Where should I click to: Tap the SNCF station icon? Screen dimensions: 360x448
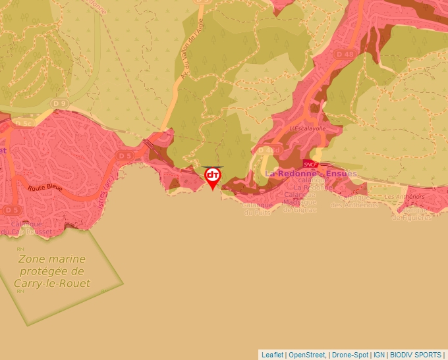click(x=311, y=164)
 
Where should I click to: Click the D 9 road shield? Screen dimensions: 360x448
click(x=60, y=103)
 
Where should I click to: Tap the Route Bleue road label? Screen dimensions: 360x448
click(x=45, y=188)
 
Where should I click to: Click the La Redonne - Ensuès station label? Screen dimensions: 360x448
click(x=310, y=174)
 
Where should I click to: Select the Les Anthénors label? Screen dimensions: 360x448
click(x=405, y=196)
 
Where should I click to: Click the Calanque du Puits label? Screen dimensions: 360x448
click(x=258, y=209)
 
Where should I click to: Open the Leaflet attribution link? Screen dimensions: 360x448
click(x=272, y=354)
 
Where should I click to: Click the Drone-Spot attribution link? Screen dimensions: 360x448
click(x=350, y=354)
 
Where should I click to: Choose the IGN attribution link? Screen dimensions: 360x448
click(x=379, y=354)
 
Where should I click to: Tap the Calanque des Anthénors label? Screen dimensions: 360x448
click(x=354, y=201)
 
